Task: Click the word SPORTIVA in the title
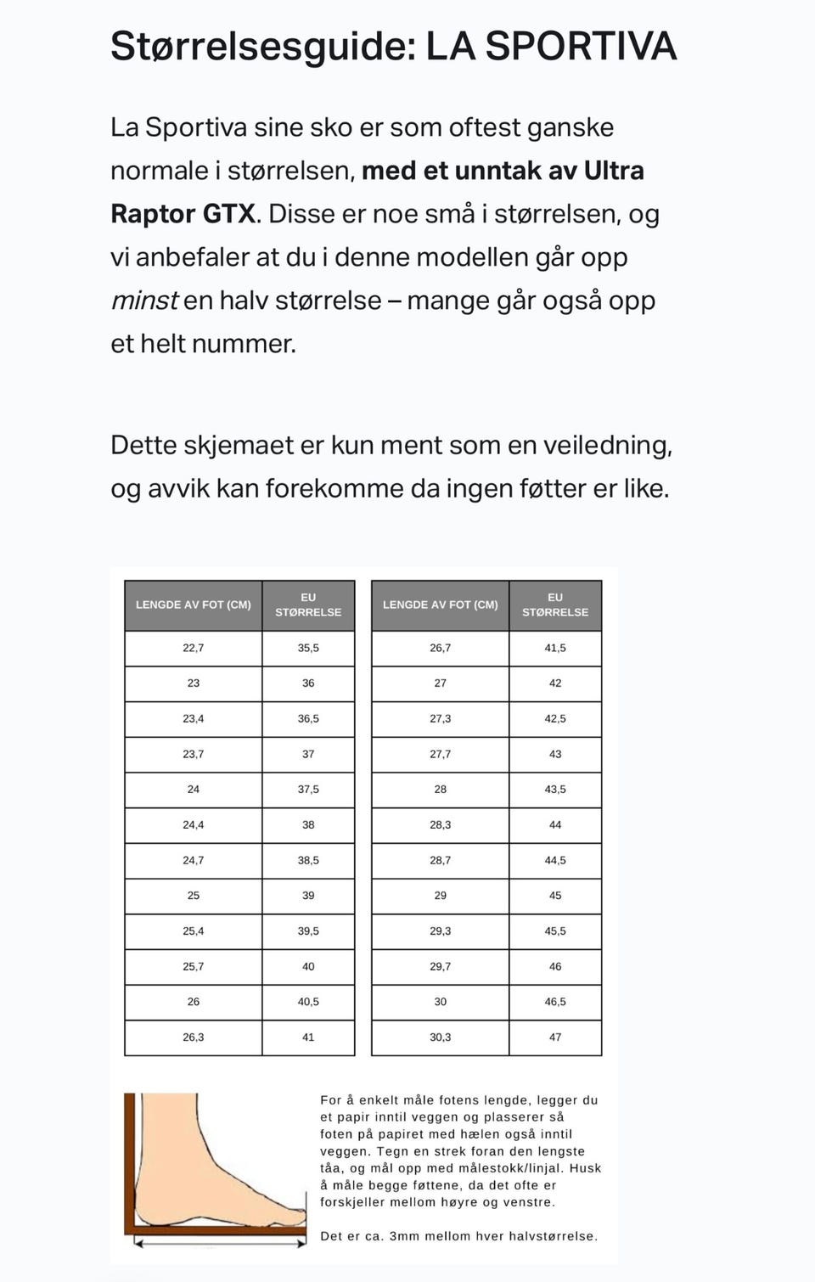tap(581, 46)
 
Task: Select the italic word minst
tap(144, 301)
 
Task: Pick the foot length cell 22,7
tap(194, 648)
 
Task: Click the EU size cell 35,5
tap(308, 648)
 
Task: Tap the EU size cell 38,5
tap(308, 860)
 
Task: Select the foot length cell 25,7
tap(194, 966)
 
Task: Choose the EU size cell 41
tap(308, 1037)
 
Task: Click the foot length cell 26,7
tap(441, 648)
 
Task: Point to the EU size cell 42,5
tap(555, 718)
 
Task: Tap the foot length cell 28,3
tap(441, 824)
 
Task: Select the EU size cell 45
tap(555, 895)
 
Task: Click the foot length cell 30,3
tap(441, 1037)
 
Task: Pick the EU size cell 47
tap(555, 1037)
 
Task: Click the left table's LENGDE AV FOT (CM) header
tap(194, 604)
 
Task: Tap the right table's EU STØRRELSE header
tap(555, 604)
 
